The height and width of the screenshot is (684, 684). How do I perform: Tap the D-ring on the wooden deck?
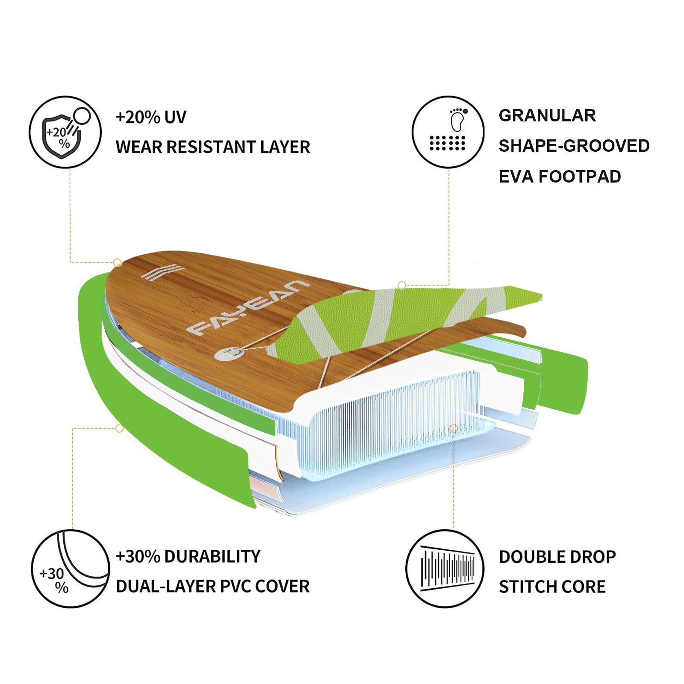click(x=230, y=353)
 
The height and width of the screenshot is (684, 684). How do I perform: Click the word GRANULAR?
click(x=547, y=115)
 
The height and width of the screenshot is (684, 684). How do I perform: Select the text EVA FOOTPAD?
click(x=560, y=177)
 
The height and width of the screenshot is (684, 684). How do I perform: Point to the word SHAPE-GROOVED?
click(x=574, y=146)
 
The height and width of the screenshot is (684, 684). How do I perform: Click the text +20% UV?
click(x=151, y=117)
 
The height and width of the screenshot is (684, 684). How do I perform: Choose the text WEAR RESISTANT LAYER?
click(x=213, y=147)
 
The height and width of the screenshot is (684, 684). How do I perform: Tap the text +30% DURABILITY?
click(x=188, y=557)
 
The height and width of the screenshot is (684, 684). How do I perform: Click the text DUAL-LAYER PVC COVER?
click(x=213, y=587)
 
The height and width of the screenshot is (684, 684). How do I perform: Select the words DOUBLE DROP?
click(x=557, y=557)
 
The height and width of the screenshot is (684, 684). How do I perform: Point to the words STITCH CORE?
click(x=552, y=587)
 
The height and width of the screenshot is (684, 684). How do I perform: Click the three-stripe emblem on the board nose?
click(x=162, y=273)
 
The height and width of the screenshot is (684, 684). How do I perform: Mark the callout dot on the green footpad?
click(x=401, y=285)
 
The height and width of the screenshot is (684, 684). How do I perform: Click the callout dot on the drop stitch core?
click(x=454, y=428)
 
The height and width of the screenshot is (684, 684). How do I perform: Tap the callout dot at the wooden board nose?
click(x=117, y=262)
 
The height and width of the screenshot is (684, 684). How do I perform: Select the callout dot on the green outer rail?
click(x=120, y=428)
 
